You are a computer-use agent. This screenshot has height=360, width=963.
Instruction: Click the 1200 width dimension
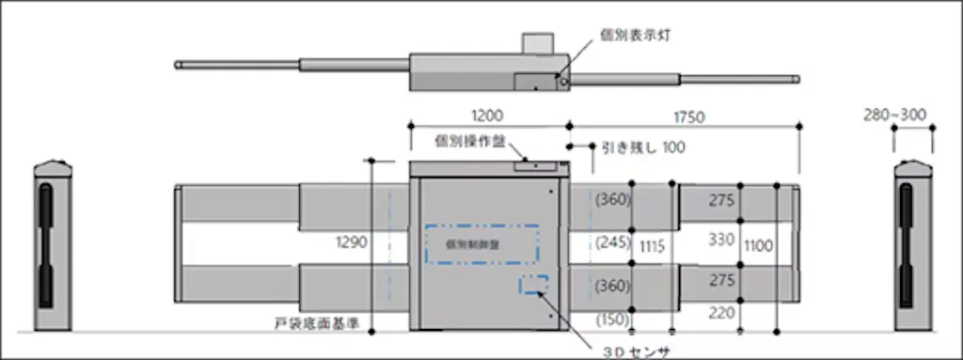pos(487,116)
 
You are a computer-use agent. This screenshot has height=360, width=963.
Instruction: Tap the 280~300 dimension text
pos(893,116)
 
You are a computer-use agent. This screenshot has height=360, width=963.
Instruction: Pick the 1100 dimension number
pos(758,245)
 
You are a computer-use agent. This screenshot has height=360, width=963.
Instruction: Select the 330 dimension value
pos(720,240)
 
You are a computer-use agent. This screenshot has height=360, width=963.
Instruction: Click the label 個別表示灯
pos(635,35)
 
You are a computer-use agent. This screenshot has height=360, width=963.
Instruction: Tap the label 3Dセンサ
pos(636,351)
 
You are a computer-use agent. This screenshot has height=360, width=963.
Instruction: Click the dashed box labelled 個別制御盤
pos(481,243)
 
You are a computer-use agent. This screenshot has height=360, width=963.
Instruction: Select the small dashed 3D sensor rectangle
pos(534,285)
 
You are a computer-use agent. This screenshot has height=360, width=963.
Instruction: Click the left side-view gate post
pos(53,246)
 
